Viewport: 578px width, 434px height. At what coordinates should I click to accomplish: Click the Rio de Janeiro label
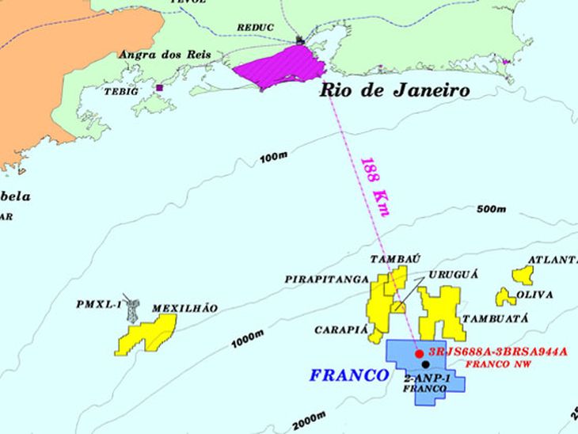[394, 90]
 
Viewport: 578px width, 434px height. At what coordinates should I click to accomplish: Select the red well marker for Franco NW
[420, 352]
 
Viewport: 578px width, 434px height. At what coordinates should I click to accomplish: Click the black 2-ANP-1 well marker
[425, 364]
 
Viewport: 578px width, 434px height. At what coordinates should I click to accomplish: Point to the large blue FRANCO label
[349, 375]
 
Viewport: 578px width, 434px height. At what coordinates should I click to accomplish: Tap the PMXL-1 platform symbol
[133, 310]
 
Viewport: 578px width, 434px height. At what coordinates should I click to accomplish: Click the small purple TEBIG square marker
[159, 88]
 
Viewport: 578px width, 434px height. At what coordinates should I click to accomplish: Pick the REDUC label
[255, 28]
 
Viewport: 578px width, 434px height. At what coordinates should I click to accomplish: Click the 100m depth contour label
[272, 158]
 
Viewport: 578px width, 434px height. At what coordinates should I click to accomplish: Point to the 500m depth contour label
[491, 209]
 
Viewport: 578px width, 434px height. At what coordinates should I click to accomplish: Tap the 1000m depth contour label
[247, 338]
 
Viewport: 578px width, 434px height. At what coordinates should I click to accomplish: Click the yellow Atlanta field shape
[523, 275]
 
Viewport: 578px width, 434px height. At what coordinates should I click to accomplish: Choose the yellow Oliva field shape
[505, 298]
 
